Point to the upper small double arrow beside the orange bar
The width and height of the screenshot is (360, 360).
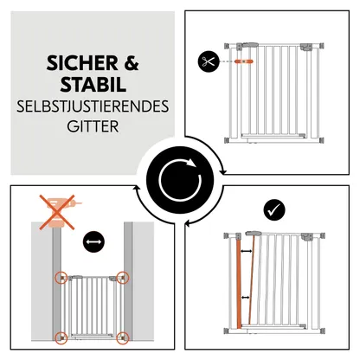pos(248,253)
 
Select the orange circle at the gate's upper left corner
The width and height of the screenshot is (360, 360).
pos(61,279)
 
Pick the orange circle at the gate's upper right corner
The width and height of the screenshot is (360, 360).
pos(125,279)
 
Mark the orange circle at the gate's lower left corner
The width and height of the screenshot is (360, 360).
pos(61,337)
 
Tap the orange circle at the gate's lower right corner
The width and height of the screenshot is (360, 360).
pos(125,337)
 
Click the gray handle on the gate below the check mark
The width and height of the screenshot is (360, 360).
pos(255,234)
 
